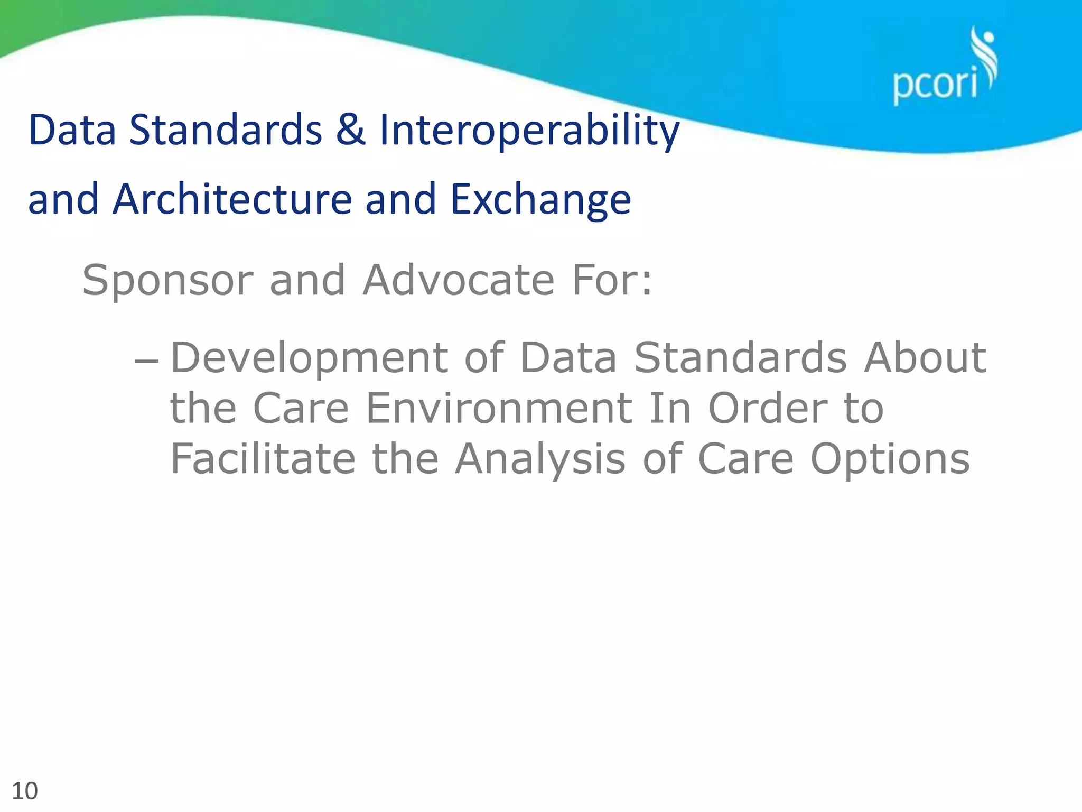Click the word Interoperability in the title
[x=529, y=130]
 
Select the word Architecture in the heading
[x=232, y=199]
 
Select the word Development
[x=309, y=358]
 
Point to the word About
[x=925, y=357]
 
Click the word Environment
[x=499, y=408]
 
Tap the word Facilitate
[x=263, y=458]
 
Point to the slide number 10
[x=24, y=791]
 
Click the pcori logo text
[x=934, y=85]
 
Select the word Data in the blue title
[x=72, y=130]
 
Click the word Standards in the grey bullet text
[x=740, y=357]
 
